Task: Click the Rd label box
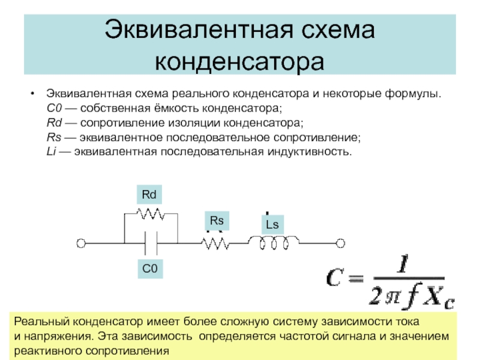pyautogui.click(x=149, y=195)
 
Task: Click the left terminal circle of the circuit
pyautogui.click(x=80, y=243)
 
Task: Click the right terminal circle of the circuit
pyautogui.click(x=340, y=243)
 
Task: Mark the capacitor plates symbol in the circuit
pyautogui.click(x=150, y=243)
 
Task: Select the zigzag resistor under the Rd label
pyautogui.click(x=149, y=213)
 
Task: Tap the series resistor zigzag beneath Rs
pyautogui.click(x=215, y=243)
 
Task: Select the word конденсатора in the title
pyautogui.click(x=239, y=61)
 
